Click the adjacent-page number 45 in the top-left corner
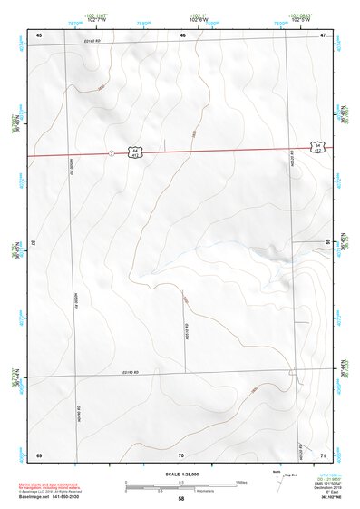(39, 34)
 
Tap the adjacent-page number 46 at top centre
(182, 34)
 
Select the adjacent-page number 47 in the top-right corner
(323, 34)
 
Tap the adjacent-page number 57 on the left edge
(34, 243)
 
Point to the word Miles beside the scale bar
(241, 481)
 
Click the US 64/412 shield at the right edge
(316, 146)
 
